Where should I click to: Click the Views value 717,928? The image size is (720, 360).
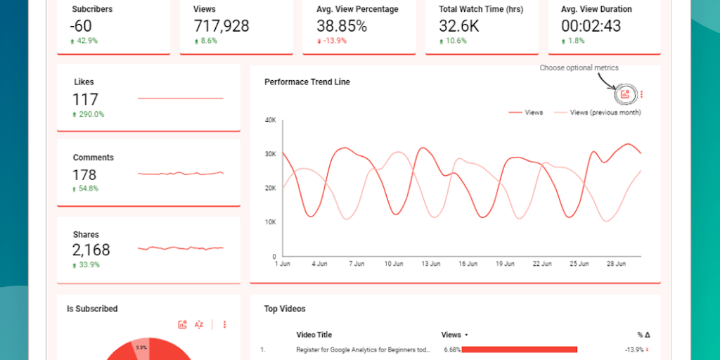click(x=221, y=26)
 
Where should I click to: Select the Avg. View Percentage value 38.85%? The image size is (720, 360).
click(x=342, y=26)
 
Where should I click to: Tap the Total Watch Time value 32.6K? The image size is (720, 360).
click(x=459, y=26)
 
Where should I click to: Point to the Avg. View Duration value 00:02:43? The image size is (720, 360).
click(x=591, y=26)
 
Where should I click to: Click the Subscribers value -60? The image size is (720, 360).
click(x=81, y=26)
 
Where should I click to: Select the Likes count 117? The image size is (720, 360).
click(x=85, y=99)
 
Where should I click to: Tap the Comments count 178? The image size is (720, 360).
click(x=84, y=174)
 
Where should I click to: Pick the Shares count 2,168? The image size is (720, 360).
click(x=91, y=250)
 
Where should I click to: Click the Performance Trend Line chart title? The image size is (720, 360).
click(x=307, y=82)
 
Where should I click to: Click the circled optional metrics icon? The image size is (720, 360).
click(x=625, y=94)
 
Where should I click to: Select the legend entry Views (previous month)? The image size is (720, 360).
click(x=605, y=112)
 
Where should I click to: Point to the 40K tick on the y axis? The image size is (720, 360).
click(x=270, y=120)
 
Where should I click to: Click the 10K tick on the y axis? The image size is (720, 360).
click(x=270, y=222)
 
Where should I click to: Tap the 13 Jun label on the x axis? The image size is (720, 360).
click(x=430, y=264)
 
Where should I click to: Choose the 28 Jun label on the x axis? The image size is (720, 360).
click(x=616, y=264)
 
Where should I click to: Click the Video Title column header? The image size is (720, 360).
click(x=314, y=335)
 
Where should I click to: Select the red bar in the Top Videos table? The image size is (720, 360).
click(x=519, y=349)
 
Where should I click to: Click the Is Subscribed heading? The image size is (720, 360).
click(x=92, y=309)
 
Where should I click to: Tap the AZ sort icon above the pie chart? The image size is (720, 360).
click(x=199, y=324)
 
